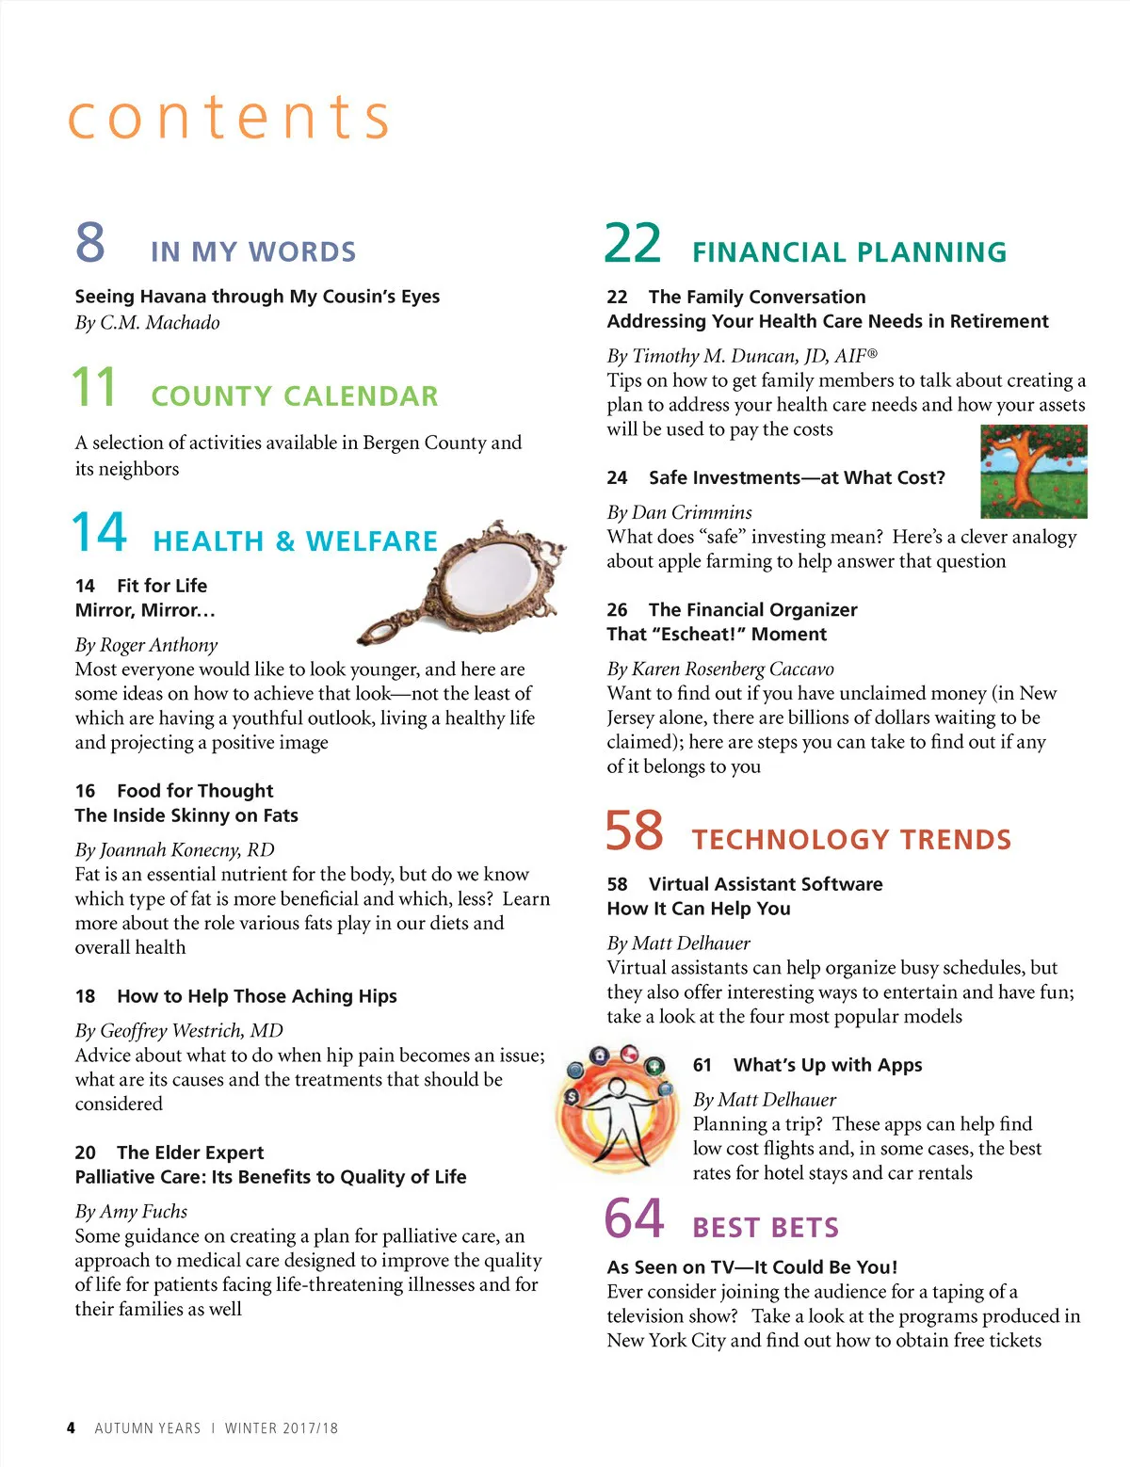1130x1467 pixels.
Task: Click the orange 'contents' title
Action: [229, 118]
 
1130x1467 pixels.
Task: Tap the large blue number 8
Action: [90, 242]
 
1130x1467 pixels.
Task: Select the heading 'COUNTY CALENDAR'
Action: [295, 396]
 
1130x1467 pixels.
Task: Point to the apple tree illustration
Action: [1033, 471]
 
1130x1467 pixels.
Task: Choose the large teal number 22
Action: [633, 244]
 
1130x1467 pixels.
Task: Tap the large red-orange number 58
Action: [634, 831]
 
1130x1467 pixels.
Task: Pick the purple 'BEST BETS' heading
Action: [765, 1228]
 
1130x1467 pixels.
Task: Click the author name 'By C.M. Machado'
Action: [148, 323]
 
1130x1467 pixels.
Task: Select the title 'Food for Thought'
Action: [195, 791]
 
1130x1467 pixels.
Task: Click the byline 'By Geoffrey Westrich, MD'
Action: [179, 1031]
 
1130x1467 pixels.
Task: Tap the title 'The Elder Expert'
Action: [190, 1153]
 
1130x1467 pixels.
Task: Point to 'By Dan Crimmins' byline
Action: [679, 513]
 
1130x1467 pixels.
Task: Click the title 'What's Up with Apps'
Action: [828, 1065]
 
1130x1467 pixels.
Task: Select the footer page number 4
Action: [71, 1427]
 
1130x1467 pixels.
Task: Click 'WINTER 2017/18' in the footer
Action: [282, 1428]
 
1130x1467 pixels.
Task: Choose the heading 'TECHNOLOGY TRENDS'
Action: [851, 840]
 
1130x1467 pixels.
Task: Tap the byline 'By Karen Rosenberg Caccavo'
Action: [720, 669]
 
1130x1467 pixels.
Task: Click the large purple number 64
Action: [634, 1219]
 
